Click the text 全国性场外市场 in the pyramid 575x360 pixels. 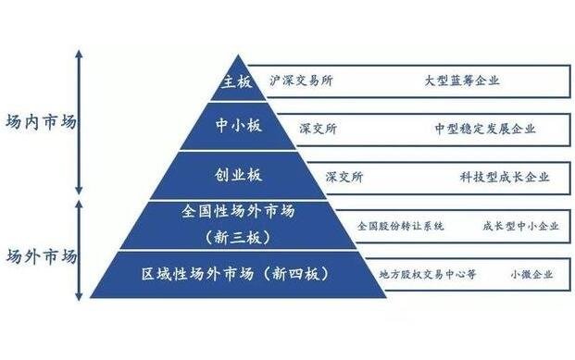(238, 212)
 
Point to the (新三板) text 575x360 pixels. (238, 236)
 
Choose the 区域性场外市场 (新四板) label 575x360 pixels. (236, 275)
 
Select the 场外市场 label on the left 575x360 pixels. (41, 256)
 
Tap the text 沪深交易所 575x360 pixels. (302, 81)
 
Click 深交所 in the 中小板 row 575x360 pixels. (319, 129)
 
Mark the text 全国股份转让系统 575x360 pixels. (401, 226)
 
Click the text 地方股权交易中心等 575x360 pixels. (428, 275)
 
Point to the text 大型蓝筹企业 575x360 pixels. (462, 81)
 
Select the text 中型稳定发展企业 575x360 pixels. (484, 129)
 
